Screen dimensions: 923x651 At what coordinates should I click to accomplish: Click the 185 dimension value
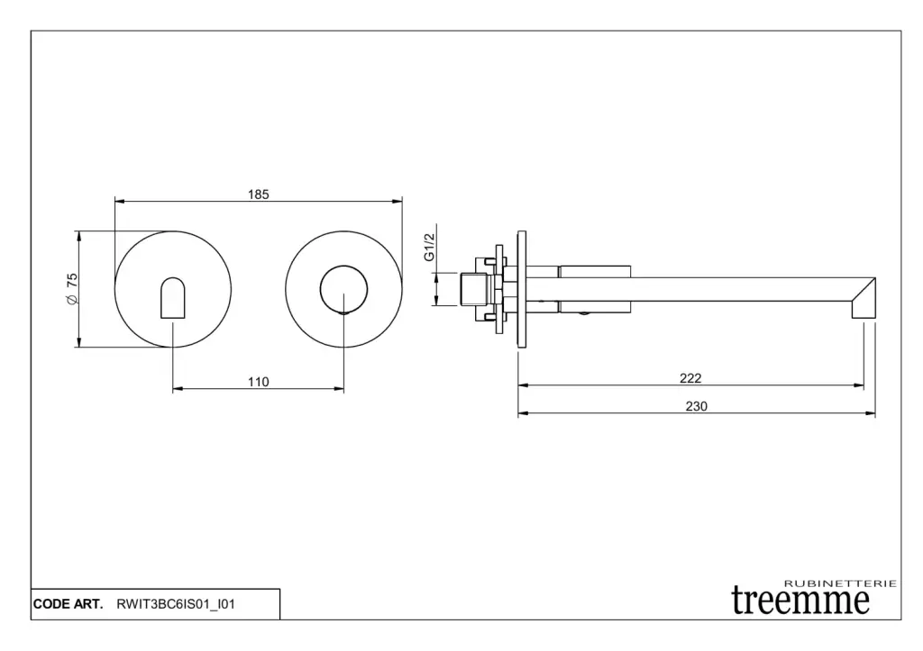point(259,194)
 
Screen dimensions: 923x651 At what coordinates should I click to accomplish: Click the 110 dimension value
point(259,383)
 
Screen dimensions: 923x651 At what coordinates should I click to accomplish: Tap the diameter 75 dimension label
point(72,288)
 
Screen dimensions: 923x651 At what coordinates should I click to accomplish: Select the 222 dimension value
point(690,378)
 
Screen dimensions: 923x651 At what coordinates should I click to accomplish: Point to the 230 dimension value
point(697,406)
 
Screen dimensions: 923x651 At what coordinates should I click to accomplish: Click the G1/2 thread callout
point(429,247)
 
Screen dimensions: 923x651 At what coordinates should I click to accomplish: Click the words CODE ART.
point(68,604)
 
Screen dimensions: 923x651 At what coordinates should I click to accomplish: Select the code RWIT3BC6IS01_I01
point(176,604)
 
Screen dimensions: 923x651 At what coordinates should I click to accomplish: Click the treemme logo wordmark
point(800,601)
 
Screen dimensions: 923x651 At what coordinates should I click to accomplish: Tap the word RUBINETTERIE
point(841,583)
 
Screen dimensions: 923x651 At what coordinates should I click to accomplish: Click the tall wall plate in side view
point(522,289)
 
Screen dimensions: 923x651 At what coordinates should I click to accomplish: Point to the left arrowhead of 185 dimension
point(120,201)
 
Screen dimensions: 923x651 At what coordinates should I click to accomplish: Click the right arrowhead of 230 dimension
point(870,413)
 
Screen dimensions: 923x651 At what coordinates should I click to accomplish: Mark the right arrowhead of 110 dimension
point(339,388)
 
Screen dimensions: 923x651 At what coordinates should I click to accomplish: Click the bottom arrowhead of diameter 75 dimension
point(78,341)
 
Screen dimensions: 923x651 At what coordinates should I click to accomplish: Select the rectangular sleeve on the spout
point(595,289)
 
